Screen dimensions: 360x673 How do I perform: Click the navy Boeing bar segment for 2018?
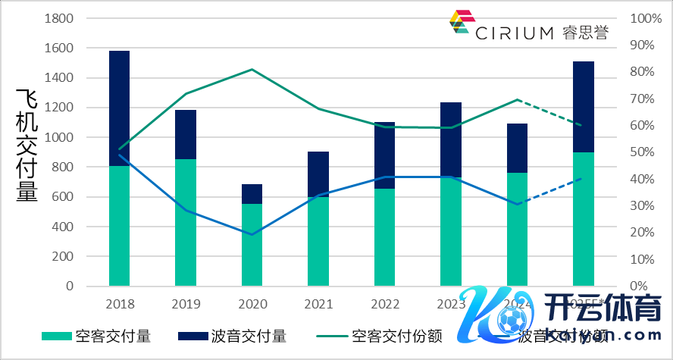pyautogui.click(x=120, y=108)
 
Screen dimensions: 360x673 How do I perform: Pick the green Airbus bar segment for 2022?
pyautogui.click(x=384, y=236)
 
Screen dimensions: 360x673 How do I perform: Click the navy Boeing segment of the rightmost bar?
pyautogui.click(x=583, y=106)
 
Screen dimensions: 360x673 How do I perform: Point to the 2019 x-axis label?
pyautogui.click(x=186, y=305)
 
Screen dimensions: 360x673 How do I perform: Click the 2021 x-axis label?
pyautogui.click(x=318, y=305)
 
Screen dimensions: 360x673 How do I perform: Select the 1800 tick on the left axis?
pyautogui.click(x=59, y=18)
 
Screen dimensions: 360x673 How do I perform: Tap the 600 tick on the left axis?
pyautogui.click(x=63, y=197)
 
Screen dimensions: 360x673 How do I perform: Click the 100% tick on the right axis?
pyautogui.click(x=636, y=18)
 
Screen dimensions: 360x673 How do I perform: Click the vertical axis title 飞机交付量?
pyautogui.click(x=27, y=144)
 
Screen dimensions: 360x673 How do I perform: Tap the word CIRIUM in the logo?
pyautogui.click(x=515, y=33)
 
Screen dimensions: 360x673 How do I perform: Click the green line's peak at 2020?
pyautogui.click(x=252, y=70)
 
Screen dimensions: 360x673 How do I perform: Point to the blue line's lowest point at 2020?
pyautogui.click(x=252, y=234)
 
